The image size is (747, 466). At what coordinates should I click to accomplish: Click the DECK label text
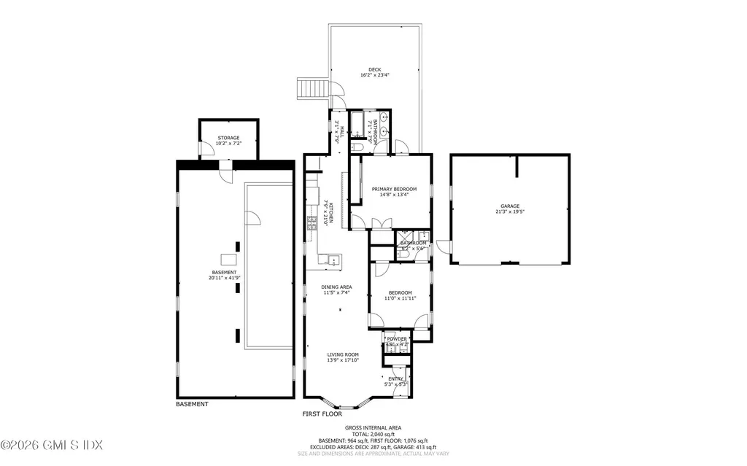[374, 69]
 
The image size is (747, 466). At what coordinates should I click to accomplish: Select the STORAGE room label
[228, 138]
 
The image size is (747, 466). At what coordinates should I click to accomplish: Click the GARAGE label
[509, 206]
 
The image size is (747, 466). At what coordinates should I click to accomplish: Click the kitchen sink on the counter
[333, 259]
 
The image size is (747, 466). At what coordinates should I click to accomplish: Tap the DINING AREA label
[336, 287]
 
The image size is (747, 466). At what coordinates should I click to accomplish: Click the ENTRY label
[395, 378]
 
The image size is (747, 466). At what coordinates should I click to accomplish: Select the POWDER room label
[397, 339]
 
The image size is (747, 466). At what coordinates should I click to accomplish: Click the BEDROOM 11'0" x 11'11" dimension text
[400, 298]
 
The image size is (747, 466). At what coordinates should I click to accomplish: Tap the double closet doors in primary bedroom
[376, 222]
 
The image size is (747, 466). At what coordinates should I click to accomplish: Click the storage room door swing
[208, 149]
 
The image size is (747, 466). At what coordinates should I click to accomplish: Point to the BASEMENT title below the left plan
[192, 404]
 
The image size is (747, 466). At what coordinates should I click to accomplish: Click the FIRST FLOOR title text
[322, 413]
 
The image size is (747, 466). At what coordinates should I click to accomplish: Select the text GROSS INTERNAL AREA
[373, 428]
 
